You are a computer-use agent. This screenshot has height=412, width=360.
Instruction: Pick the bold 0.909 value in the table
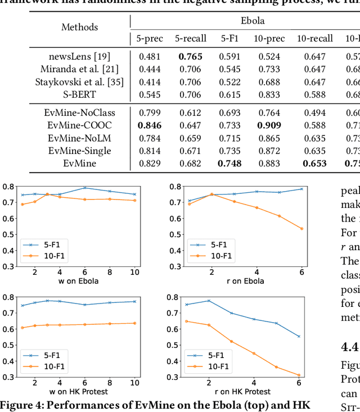coord(269,125)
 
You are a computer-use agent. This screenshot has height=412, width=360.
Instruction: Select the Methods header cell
coord(79,27)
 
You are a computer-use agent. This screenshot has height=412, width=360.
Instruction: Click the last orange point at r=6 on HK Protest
coord(314,375)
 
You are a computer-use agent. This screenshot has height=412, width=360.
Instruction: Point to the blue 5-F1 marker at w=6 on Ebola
coord(85,188)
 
